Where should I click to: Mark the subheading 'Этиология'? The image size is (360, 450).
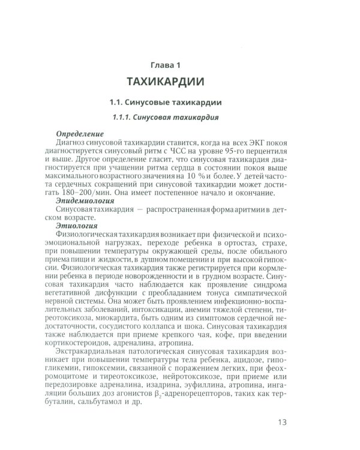pyautogui.click(x=75, y=226)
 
